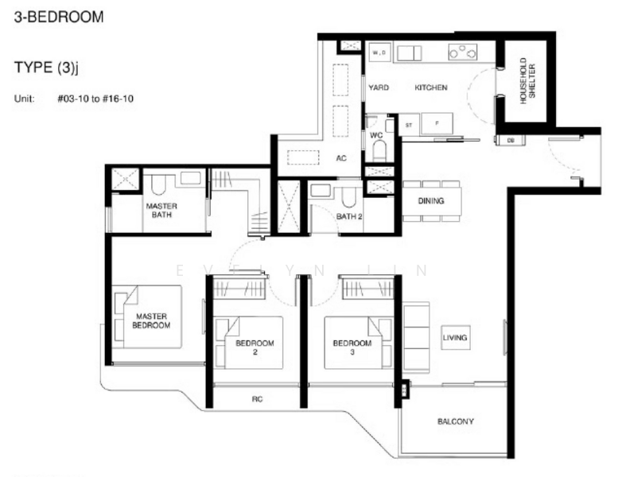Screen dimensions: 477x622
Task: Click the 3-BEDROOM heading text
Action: (x=59, y=16)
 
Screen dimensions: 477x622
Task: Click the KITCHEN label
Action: (x=430, y=87)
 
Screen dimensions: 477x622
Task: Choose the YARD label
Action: (x=379, y=87)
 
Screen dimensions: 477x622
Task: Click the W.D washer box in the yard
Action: (x=379, y=53)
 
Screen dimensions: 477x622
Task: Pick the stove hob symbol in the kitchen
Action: (x=462, y=52)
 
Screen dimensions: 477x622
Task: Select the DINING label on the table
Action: (x=431, y=201)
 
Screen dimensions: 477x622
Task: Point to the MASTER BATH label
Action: (x=161, y=210)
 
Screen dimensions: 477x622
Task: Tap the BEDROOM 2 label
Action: (x=255, y=347)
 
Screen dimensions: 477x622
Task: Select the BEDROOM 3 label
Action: (x=352, y=347)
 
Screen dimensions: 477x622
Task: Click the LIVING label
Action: (x=455, y=338)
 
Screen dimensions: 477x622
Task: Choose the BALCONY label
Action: (x=456, y=421)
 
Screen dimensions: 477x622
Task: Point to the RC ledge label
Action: (x=257, y=399)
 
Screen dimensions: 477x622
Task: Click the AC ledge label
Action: (x=341, y=158)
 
